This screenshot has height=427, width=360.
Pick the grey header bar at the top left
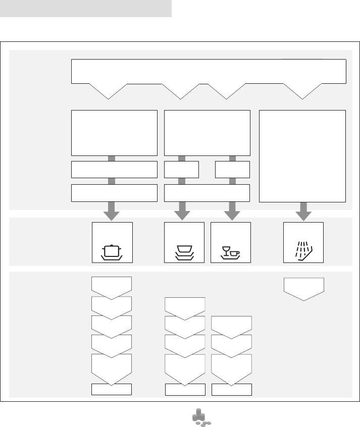[86, 8]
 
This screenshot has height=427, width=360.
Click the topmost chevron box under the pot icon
[112, 286]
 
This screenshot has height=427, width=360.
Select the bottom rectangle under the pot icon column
[112, 389]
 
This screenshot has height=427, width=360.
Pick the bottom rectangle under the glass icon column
[231, 389]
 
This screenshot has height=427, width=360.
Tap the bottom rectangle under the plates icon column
[185, 389]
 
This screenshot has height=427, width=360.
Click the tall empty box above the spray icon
[302, 155]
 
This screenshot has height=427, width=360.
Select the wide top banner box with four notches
[209, 71]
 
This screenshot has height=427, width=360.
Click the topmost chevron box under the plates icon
[185, 307]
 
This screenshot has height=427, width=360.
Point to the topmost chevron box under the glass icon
[231, 326]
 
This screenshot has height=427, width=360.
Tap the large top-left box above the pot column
[114, 133]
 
